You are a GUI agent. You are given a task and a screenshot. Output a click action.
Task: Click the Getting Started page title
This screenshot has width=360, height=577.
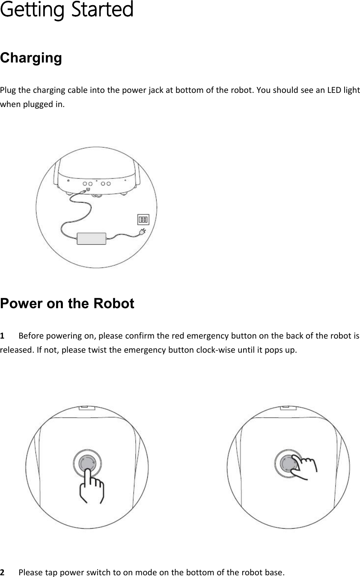(66, 10)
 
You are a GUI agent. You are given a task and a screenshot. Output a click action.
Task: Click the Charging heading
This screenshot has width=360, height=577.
(31, 58)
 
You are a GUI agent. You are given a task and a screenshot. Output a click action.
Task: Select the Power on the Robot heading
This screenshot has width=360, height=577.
(67, 303)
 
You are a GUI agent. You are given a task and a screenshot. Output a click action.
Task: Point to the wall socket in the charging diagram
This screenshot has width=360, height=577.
(143, 219)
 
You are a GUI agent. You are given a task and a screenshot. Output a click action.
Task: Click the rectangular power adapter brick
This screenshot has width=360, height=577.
(91, 238)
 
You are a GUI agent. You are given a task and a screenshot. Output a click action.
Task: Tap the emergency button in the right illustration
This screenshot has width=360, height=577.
(288, 463)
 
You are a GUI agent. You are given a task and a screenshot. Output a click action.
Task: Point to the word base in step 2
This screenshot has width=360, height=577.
(274, 572)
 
